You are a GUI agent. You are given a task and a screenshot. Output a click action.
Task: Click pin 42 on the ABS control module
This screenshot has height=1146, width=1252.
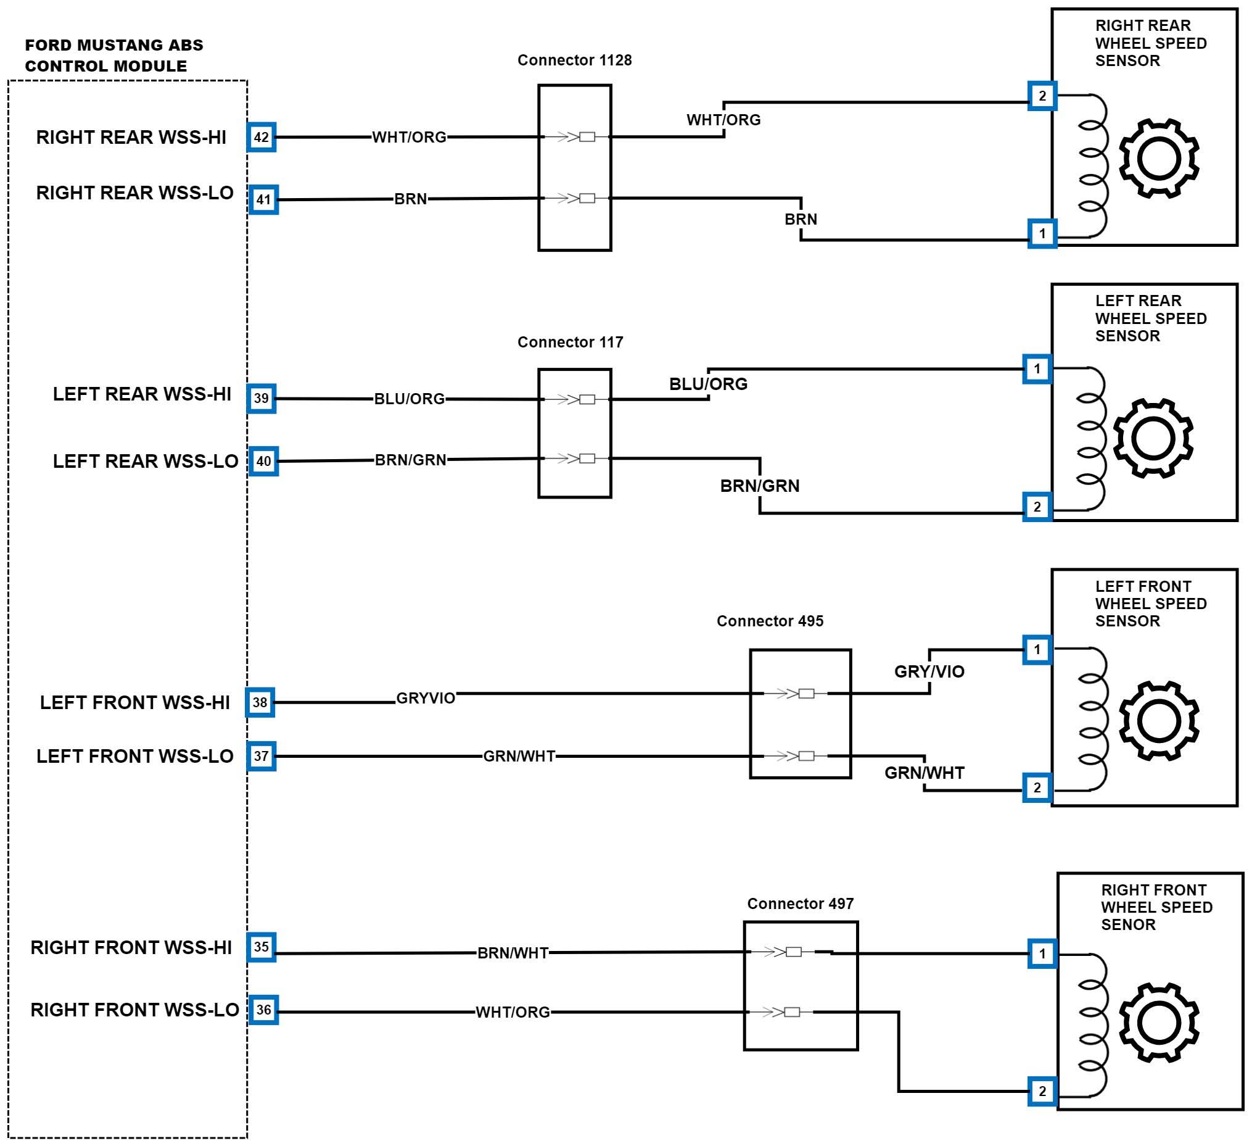262,138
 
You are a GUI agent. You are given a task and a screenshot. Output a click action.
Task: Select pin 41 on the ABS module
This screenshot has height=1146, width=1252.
263,199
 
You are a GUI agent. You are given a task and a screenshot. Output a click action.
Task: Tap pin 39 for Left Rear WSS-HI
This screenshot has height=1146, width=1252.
262,399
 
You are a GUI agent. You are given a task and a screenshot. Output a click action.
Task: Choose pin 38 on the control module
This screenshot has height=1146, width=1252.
260,702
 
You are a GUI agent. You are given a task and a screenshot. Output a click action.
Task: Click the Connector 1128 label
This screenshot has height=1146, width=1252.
574,60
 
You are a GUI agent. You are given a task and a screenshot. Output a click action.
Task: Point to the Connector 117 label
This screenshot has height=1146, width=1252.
570,342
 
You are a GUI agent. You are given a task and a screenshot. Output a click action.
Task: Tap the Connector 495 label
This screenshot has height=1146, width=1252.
770,621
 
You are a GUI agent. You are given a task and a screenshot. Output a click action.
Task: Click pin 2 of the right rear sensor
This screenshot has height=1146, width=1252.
1042,96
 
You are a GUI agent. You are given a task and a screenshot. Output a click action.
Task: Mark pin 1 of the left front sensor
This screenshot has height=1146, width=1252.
1037,649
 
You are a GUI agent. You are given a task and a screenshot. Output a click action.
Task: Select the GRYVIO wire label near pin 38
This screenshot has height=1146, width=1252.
426,698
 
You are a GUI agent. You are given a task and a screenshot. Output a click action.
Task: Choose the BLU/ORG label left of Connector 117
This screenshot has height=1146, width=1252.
410,399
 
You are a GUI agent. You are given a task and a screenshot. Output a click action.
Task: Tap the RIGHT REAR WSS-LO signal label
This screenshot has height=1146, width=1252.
135,193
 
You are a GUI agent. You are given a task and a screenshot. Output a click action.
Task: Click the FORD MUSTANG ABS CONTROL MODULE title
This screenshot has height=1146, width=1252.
113,56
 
